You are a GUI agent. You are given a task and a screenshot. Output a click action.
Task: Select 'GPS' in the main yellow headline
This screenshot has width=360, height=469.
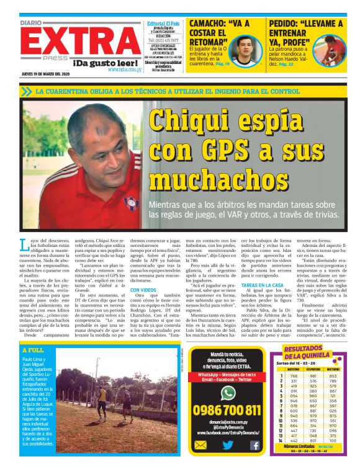[220, 150]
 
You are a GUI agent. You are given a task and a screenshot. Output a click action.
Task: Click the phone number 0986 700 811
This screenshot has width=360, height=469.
[228, 410]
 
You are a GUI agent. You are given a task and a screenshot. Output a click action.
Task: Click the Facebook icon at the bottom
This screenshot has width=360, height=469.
[254, 445]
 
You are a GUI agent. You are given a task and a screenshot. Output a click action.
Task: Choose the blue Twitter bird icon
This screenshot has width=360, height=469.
[228, 445]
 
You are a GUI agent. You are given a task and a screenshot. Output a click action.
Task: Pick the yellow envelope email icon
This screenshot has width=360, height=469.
[200, 445]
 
